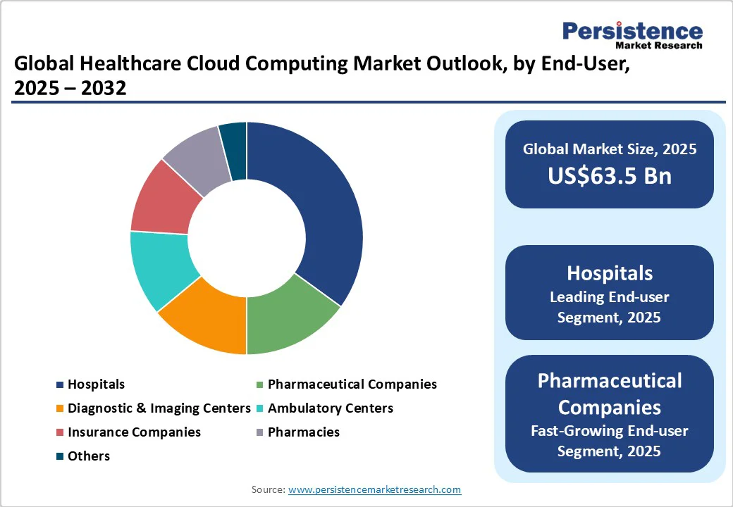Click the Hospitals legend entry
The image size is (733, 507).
click(x=96, y=384)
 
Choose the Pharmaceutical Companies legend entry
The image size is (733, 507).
click(x=352, y=384)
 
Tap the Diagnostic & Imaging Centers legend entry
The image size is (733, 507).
click(x=159, y=408)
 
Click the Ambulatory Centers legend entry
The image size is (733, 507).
click(x=330, y=408)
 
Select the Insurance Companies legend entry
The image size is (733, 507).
click(x=134, y=432)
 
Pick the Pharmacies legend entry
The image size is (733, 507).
click(x=303, y=432)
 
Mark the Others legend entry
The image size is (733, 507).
click(x=89, y=456)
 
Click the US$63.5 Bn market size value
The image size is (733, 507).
click(x=610, y=175)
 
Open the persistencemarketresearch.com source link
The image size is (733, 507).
click(x=374, y=489)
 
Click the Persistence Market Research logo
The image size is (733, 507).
click(x=632, y=35)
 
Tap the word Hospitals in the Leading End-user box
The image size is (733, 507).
click(x=610, y=273)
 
